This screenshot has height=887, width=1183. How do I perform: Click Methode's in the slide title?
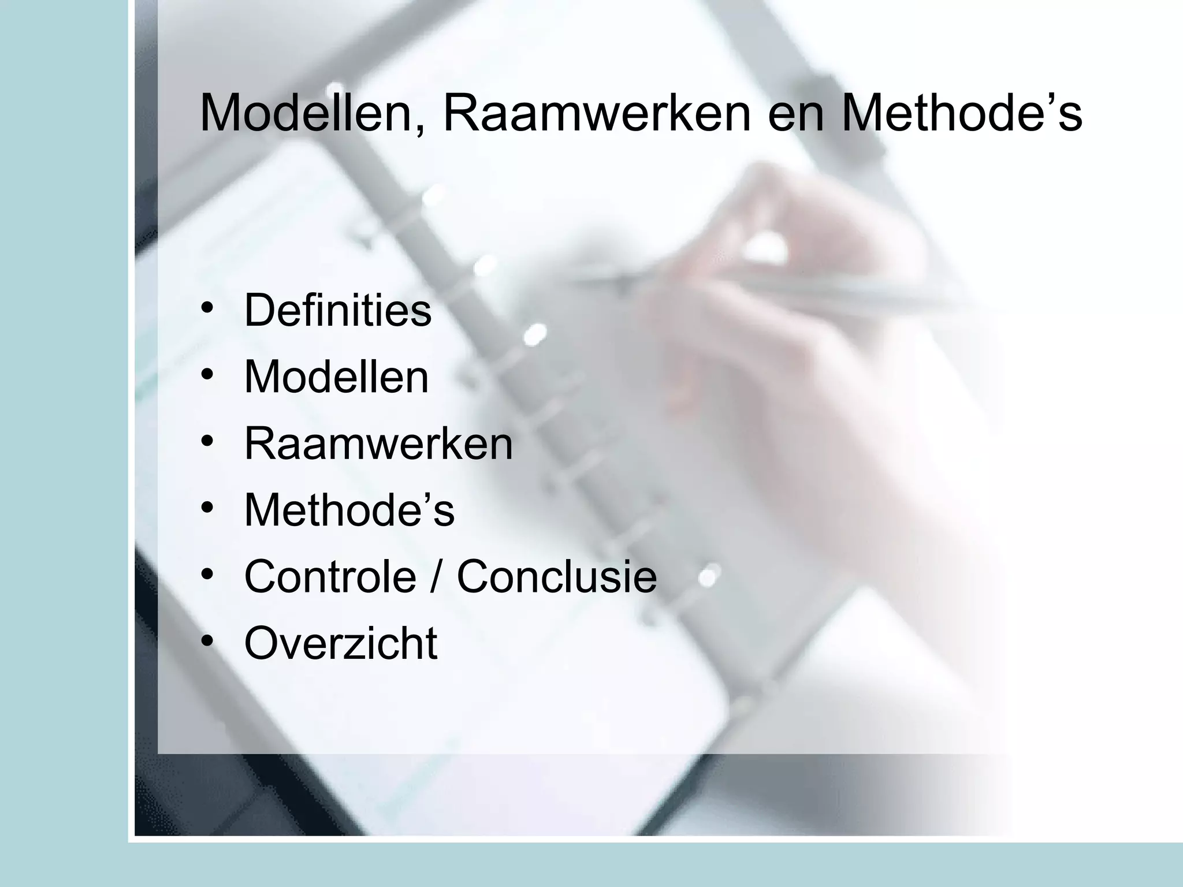(961, 114)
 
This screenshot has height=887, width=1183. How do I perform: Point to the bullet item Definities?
(338, 310)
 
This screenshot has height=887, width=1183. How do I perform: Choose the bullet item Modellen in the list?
(337, 377)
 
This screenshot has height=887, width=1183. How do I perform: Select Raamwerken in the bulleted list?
(378, 443)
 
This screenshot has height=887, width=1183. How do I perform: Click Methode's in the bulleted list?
(349, 510)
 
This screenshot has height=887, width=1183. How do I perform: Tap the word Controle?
(330, 576)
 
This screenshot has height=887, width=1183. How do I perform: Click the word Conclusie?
(557, 576)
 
